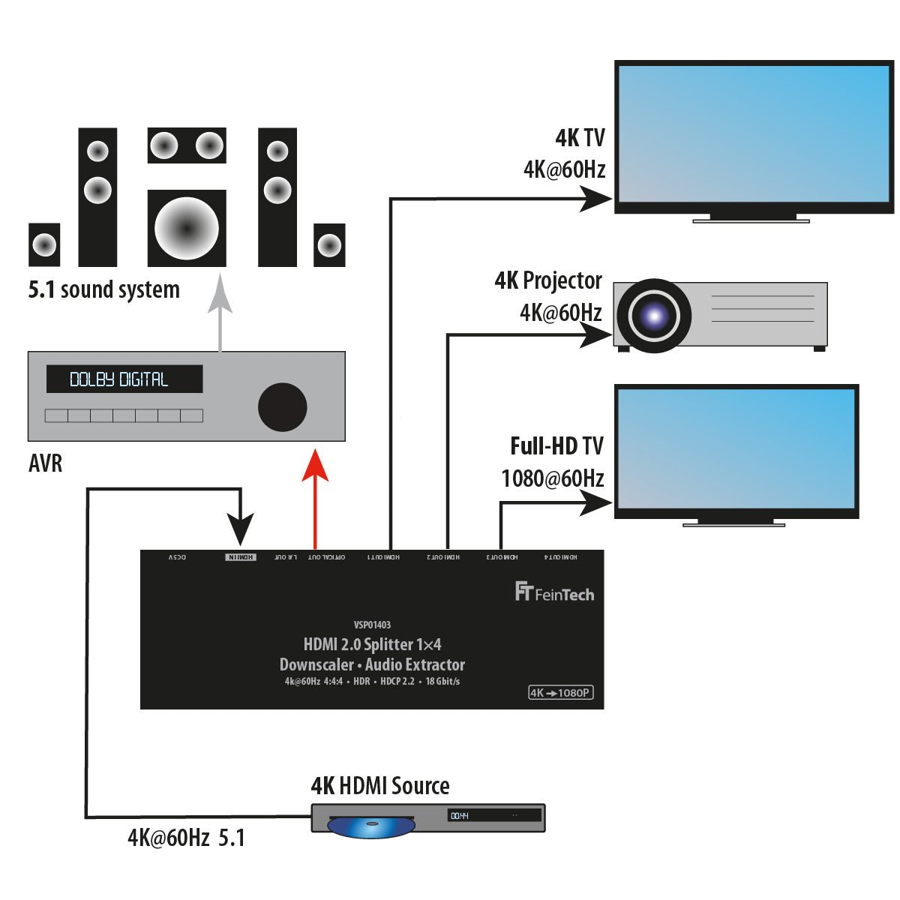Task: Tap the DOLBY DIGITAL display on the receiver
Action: (124, 379)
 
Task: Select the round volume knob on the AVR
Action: (282, 406)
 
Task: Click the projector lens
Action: (653, 316)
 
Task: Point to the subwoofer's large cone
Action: (187, 228)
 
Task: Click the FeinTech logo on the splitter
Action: (554, 592)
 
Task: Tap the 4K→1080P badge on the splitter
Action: (560, 692)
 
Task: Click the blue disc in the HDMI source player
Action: (371, 826)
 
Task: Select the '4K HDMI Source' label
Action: (380, 786)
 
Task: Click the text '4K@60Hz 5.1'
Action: (186, 838)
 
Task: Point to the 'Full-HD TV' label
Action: (556, 446)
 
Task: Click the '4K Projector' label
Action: (548, 280)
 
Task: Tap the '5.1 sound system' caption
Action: (104, 289)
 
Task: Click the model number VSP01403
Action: (372, 625)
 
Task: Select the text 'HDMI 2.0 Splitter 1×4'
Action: (372, 644)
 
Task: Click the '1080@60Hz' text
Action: (553, 478)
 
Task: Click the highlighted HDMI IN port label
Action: (241, 557)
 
